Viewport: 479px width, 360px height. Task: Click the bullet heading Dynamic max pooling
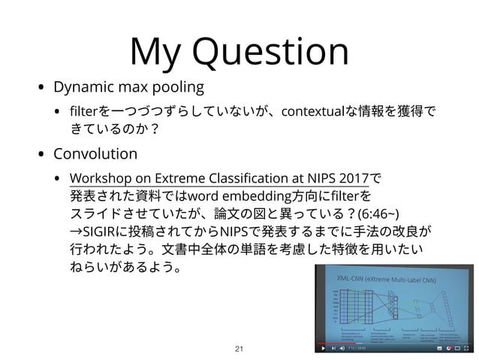click(128, 87)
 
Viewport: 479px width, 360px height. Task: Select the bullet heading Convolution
click(95, 155)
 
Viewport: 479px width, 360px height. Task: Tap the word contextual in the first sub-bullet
click(312, 112)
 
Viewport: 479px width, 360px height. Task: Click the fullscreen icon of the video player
click(466, 349)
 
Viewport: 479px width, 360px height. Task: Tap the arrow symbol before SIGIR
click(75, 230)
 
